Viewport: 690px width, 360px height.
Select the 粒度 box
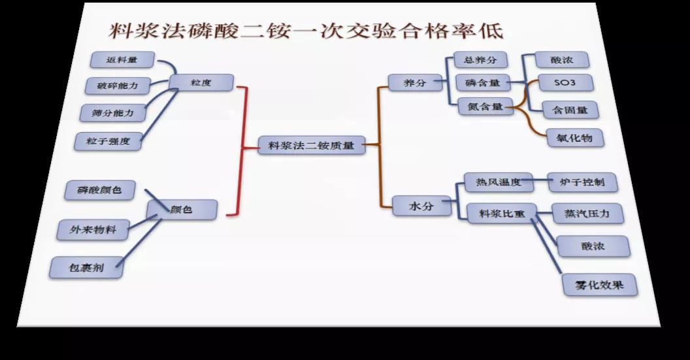[201, 83]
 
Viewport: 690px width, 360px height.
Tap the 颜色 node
[182, 210]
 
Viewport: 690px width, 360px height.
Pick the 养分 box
[412, 82]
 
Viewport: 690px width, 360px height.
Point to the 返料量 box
[122, 60]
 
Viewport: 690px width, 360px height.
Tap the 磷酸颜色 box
[99, 191]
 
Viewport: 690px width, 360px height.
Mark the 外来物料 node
[92, 229]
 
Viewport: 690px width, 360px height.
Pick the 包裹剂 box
[87, 267]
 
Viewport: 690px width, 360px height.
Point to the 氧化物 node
[574, 139]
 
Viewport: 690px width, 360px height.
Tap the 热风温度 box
[498, 182]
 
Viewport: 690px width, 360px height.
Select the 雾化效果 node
[599, 284]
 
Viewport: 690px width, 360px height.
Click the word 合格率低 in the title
[444, 31]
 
